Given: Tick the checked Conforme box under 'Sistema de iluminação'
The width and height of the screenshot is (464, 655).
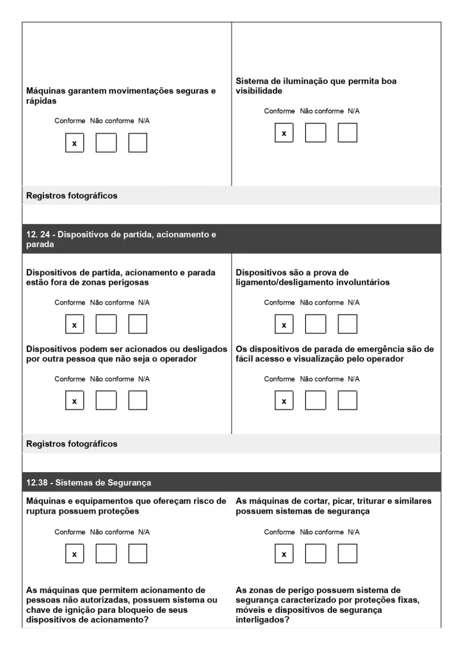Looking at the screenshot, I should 284,133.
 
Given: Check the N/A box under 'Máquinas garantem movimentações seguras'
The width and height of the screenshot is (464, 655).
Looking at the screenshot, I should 138,143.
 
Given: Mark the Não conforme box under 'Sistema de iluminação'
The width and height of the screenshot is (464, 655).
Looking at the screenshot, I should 316,133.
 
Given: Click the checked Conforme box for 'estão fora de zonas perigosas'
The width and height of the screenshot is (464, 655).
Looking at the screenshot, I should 74,325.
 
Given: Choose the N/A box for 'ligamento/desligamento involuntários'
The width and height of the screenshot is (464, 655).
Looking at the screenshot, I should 348,325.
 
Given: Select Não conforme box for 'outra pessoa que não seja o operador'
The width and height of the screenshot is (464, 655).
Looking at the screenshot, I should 106,400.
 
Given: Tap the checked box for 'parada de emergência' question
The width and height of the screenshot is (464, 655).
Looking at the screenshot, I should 284,400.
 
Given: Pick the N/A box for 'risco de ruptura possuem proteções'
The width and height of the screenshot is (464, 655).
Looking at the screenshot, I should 138,554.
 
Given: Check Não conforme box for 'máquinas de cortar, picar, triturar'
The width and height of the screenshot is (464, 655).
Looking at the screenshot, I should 316,554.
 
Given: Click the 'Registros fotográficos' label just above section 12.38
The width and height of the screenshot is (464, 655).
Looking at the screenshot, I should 71,443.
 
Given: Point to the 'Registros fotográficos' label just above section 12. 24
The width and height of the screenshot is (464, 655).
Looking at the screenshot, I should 71,196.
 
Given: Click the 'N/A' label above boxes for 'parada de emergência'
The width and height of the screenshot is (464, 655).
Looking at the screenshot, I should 353,379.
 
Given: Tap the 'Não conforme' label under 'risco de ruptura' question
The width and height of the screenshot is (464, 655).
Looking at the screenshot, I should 112,532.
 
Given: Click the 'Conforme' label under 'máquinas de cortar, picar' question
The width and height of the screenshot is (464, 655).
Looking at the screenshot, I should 280,532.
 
